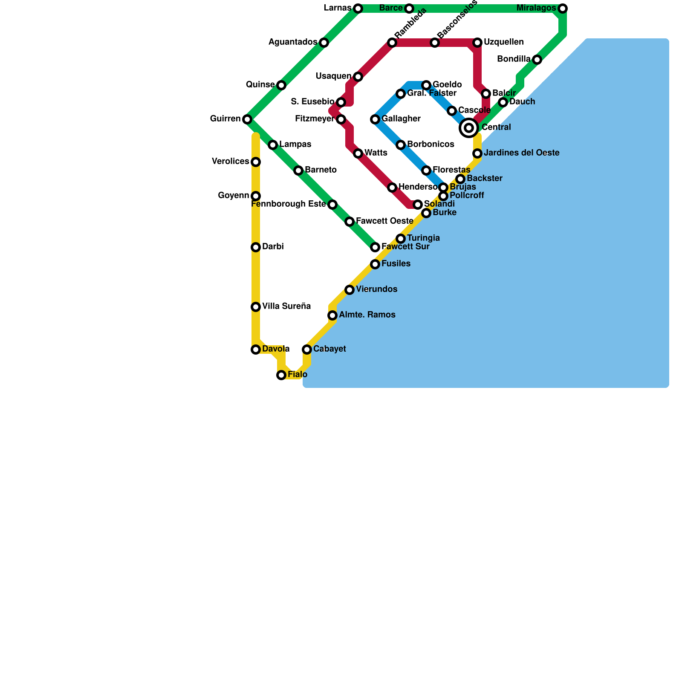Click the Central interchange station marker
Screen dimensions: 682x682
(x=469, y=127)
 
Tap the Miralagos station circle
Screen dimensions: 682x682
(x=563, y=9)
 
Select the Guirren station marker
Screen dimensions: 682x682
(x=247, y=119)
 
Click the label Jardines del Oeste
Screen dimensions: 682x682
(x=521, y=153)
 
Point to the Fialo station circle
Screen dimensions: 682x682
(x=281, y=375)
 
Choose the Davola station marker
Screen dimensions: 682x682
(x=256, y=350)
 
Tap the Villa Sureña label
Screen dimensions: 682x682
(x=286, y=306)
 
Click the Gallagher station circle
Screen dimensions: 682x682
(x=375, y=119)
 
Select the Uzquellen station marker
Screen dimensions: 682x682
(x=477, y=43)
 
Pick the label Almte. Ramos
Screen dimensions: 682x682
(x=367, y=315)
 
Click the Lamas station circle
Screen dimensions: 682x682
(x=358, y=9)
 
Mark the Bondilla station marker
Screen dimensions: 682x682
(x=537, y=60)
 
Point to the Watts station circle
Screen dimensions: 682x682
(x=358, y=153)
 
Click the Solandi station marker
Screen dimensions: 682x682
(x=418, y=205)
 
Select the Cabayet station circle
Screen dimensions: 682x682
(x=307, y=350)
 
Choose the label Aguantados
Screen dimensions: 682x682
(x=293, y=42)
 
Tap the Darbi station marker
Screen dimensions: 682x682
(x=256, y=247)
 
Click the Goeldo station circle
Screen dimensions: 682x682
(x=426, y=85)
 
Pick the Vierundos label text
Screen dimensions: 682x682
(x=376, y=289)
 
